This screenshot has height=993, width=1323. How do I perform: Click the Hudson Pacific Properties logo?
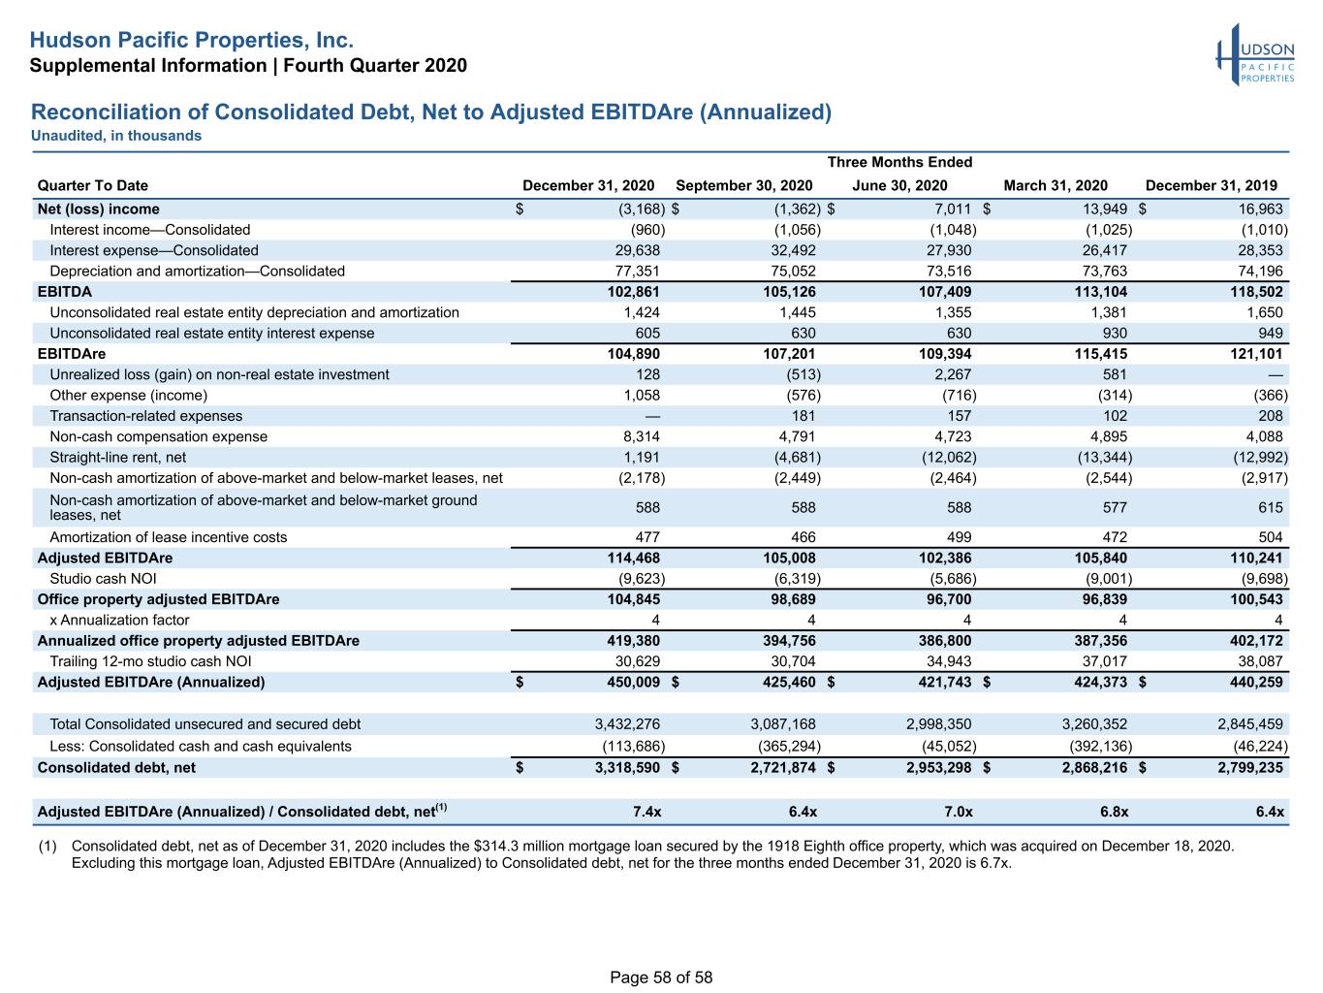point(1255,54)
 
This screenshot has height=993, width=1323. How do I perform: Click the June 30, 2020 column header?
point(899,185)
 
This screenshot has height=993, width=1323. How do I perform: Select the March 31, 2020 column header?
point(1055,185)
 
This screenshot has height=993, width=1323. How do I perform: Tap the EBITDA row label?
point(65,292)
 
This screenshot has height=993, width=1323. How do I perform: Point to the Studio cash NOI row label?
point(103,579)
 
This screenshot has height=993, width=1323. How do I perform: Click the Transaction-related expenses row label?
point(145,416)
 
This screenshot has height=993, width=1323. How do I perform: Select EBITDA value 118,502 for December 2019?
point(1257,292)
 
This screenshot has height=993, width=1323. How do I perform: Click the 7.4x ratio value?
point(646,812)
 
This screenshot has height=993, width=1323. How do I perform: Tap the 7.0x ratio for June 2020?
point(959,812)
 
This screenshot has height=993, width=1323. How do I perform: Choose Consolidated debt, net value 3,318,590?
point(627,767)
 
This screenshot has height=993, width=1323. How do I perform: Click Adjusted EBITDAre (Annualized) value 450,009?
point(634,682)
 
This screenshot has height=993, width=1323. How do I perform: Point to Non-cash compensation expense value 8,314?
point(642,436)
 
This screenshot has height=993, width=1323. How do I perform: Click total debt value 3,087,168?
point(783,723)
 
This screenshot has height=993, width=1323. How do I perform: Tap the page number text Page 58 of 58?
point(661,977)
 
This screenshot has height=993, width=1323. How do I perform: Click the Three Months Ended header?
point(899,162)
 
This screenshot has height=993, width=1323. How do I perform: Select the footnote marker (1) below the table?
point(47,846)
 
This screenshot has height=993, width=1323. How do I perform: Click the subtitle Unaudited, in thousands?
point(116,136)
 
